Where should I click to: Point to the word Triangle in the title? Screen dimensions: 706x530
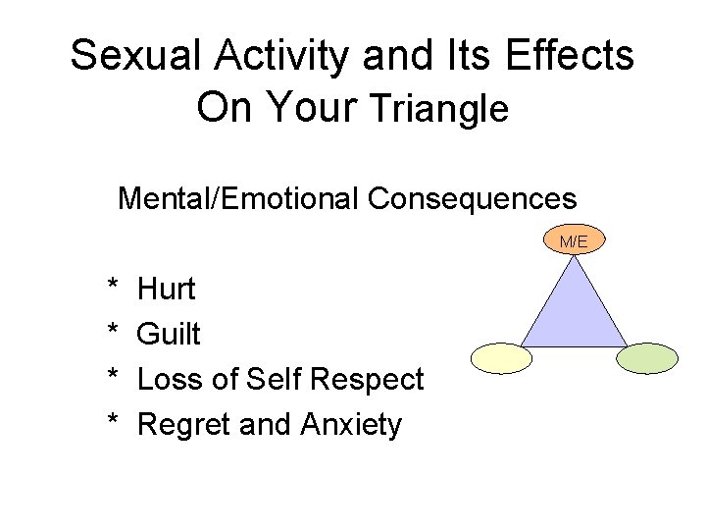(x=437, y=108)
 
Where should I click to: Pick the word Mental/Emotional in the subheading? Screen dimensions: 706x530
(x=239, y=199)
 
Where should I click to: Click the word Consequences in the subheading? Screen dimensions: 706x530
(x=473, y=199)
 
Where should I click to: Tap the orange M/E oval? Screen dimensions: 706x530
(x=574, y=240)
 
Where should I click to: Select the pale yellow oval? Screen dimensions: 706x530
(x=501, y=359)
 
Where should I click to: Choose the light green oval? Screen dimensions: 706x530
(x=645, y=358)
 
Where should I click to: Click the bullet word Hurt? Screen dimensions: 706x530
(x=167, y=290)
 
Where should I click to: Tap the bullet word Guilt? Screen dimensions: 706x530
(x=169, y=335)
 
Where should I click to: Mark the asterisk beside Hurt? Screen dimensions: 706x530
(x=113, y=287)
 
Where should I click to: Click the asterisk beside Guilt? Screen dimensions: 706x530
(x=113, y=332)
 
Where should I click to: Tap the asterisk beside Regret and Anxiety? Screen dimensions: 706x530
(x=113, y=422)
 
